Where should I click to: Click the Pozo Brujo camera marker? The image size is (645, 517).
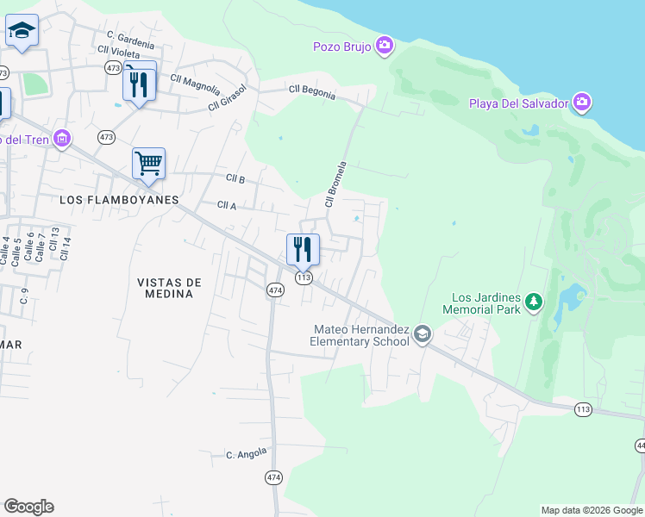coord(385,45)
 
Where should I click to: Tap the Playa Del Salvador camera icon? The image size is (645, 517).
coord(582,103)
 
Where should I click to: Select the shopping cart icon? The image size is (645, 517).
coord(148,162)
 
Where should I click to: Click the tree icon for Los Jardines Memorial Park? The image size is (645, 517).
coord(535,301)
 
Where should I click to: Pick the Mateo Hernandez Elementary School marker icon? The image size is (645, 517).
coord(422,333)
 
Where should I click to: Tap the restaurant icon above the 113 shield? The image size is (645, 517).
coord(303,249)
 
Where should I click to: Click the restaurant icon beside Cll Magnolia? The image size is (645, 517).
coord(139,84)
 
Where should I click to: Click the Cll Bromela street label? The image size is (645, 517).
coord(335,184)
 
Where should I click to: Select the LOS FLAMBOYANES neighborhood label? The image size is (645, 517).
coord(119,199)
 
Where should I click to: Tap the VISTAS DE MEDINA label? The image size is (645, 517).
coord(169,288)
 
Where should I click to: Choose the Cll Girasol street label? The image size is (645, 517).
coord(227,98)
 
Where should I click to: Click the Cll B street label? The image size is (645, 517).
coord(235,178)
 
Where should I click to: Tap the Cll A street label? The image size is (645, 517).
coord(227,205)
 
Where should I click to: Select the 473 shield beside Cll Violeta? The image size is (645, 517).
coord(113,66)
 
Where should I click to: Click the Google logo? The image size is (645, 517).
coord(28,507)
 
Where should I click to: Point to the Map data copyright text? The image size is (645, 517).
coord(591,510)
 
